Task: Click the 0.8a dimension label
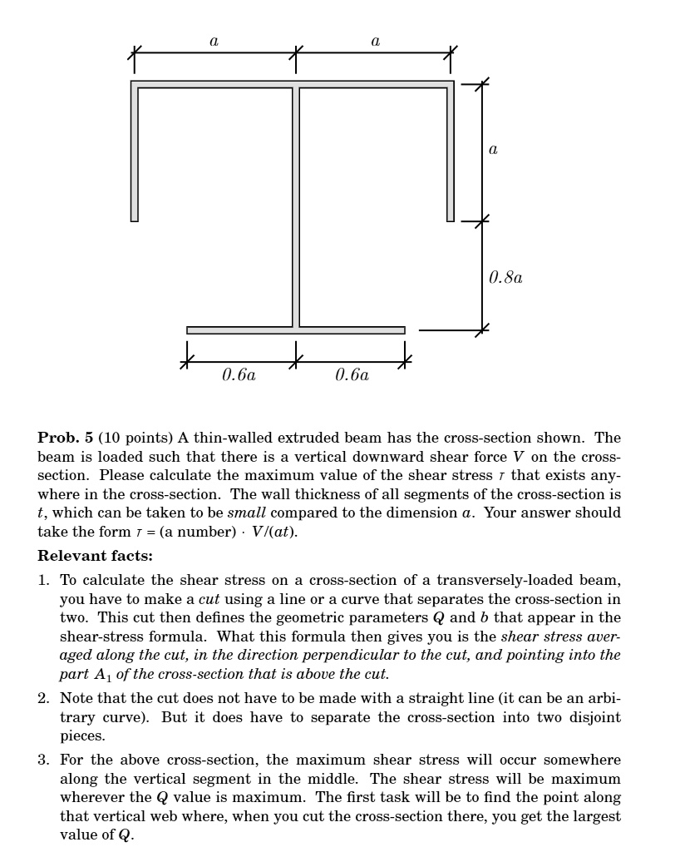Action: click(505, 277)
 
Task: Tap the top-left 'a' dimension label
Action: click(214, 40)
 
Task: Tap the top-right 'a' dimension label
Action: click(376, 40)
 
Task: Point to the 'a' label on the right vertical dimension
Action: click(493, 150)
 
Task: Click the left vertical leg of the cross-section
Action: click(135, 154)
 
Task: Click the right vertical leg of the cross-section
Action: click(451, 154)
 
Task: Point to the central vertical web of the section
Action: click(295, 208)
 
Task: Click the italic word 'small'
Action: click(247, 513)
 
